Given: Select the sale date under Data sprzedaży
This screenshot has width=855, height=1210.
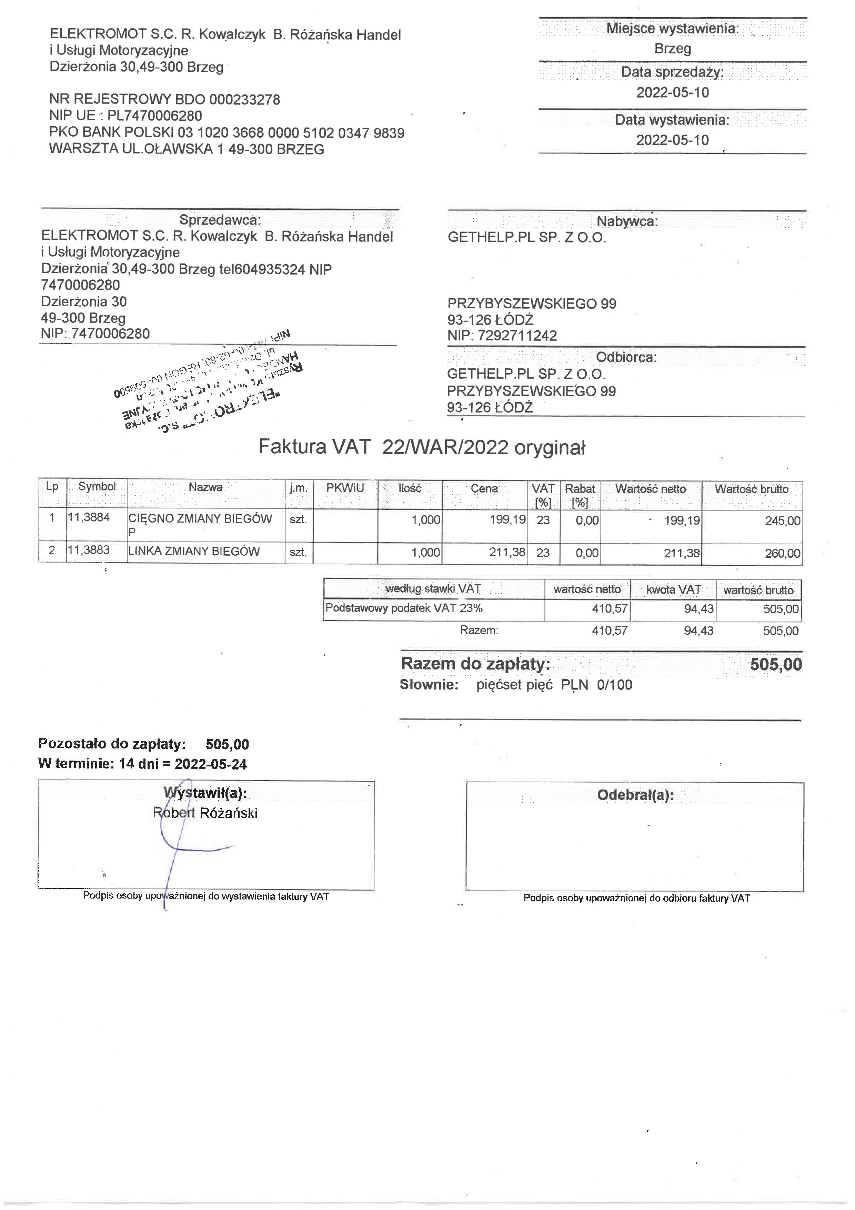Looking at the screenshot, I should (672, 93).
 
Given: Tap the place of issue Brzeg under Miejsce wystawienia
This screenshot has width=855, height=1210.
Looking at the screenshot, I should (672, 49).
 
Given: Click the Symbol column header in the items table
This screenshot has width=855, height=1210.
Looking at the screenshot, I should (97, 486).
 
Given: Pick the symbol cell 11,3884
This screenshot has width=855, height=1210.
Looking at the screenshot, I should (89, 517).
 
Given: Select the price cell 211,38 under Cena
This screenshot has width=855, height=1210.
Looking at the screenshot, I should (507, 552).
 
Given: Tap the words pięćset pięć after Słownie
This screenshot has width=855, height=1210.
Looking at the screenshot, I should (514, 685).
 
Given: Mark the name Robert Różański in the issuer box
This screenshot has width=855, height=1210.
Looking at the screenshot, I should (205, 813).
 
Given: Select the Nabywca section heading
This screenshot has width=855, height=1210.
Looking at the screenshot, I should (626, 221).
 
